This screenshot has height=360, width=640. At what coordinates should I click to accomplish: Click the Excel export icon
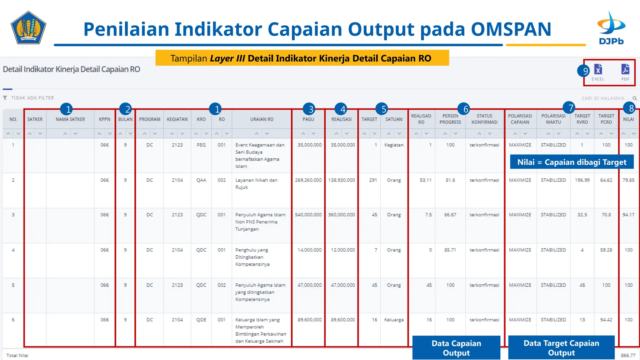[x=598, y=69]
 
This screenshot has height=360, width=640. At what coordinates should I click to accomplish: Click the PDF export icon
[x=625, y=69]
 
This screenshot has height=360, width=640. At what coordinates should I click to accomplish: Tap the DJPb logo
[x=611, y=28]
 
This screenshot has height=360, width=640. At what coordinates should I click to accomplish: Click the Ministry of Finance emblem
[x=28, y=28]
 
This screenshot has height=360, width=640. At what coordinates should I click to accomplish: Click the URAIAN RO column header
[x=262, y=119]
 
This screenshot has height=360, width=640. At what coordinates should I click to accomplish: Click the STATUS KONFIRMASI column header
[x=484, y=119]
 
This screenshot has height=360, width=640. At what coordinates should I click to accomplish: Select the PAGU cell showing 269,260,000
[x=308, y=180]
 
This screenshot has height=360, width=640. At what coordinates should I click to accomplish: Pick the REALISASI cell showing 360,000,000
[x=342, y=215]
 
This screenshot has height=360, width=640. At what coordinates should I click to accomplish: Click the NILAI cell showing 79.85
[x=628, y=180]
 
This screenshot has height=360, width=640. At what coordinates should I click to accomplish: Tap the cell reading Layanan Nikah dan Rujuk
[x=256, y=184]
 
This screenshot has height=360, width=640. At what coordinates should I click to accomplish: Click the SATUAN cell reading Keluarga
[x=394, y=320]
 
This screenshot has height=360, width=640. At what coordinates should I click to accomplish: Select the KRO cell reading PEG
[x=201, y=145]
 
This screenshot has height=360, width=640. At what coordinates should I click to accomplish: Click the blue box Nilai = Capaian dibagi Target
[x=572, y=162]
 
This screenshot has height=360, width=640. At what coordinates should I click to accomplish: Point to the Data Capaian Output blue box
[x=456, y=348]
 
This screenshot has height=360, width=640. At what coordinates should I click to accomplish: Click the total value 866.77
[x=628, y=355]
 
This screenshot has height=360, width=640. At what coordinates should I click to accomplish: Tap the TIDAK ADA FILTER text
[x=32, y=98]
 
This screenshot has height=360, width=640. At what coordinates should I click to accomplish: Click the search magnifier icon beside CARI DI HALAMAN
[x=635, y=98]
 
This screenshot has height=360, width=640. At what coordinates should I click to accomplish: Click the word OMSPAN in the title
[x=511, y=29]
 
